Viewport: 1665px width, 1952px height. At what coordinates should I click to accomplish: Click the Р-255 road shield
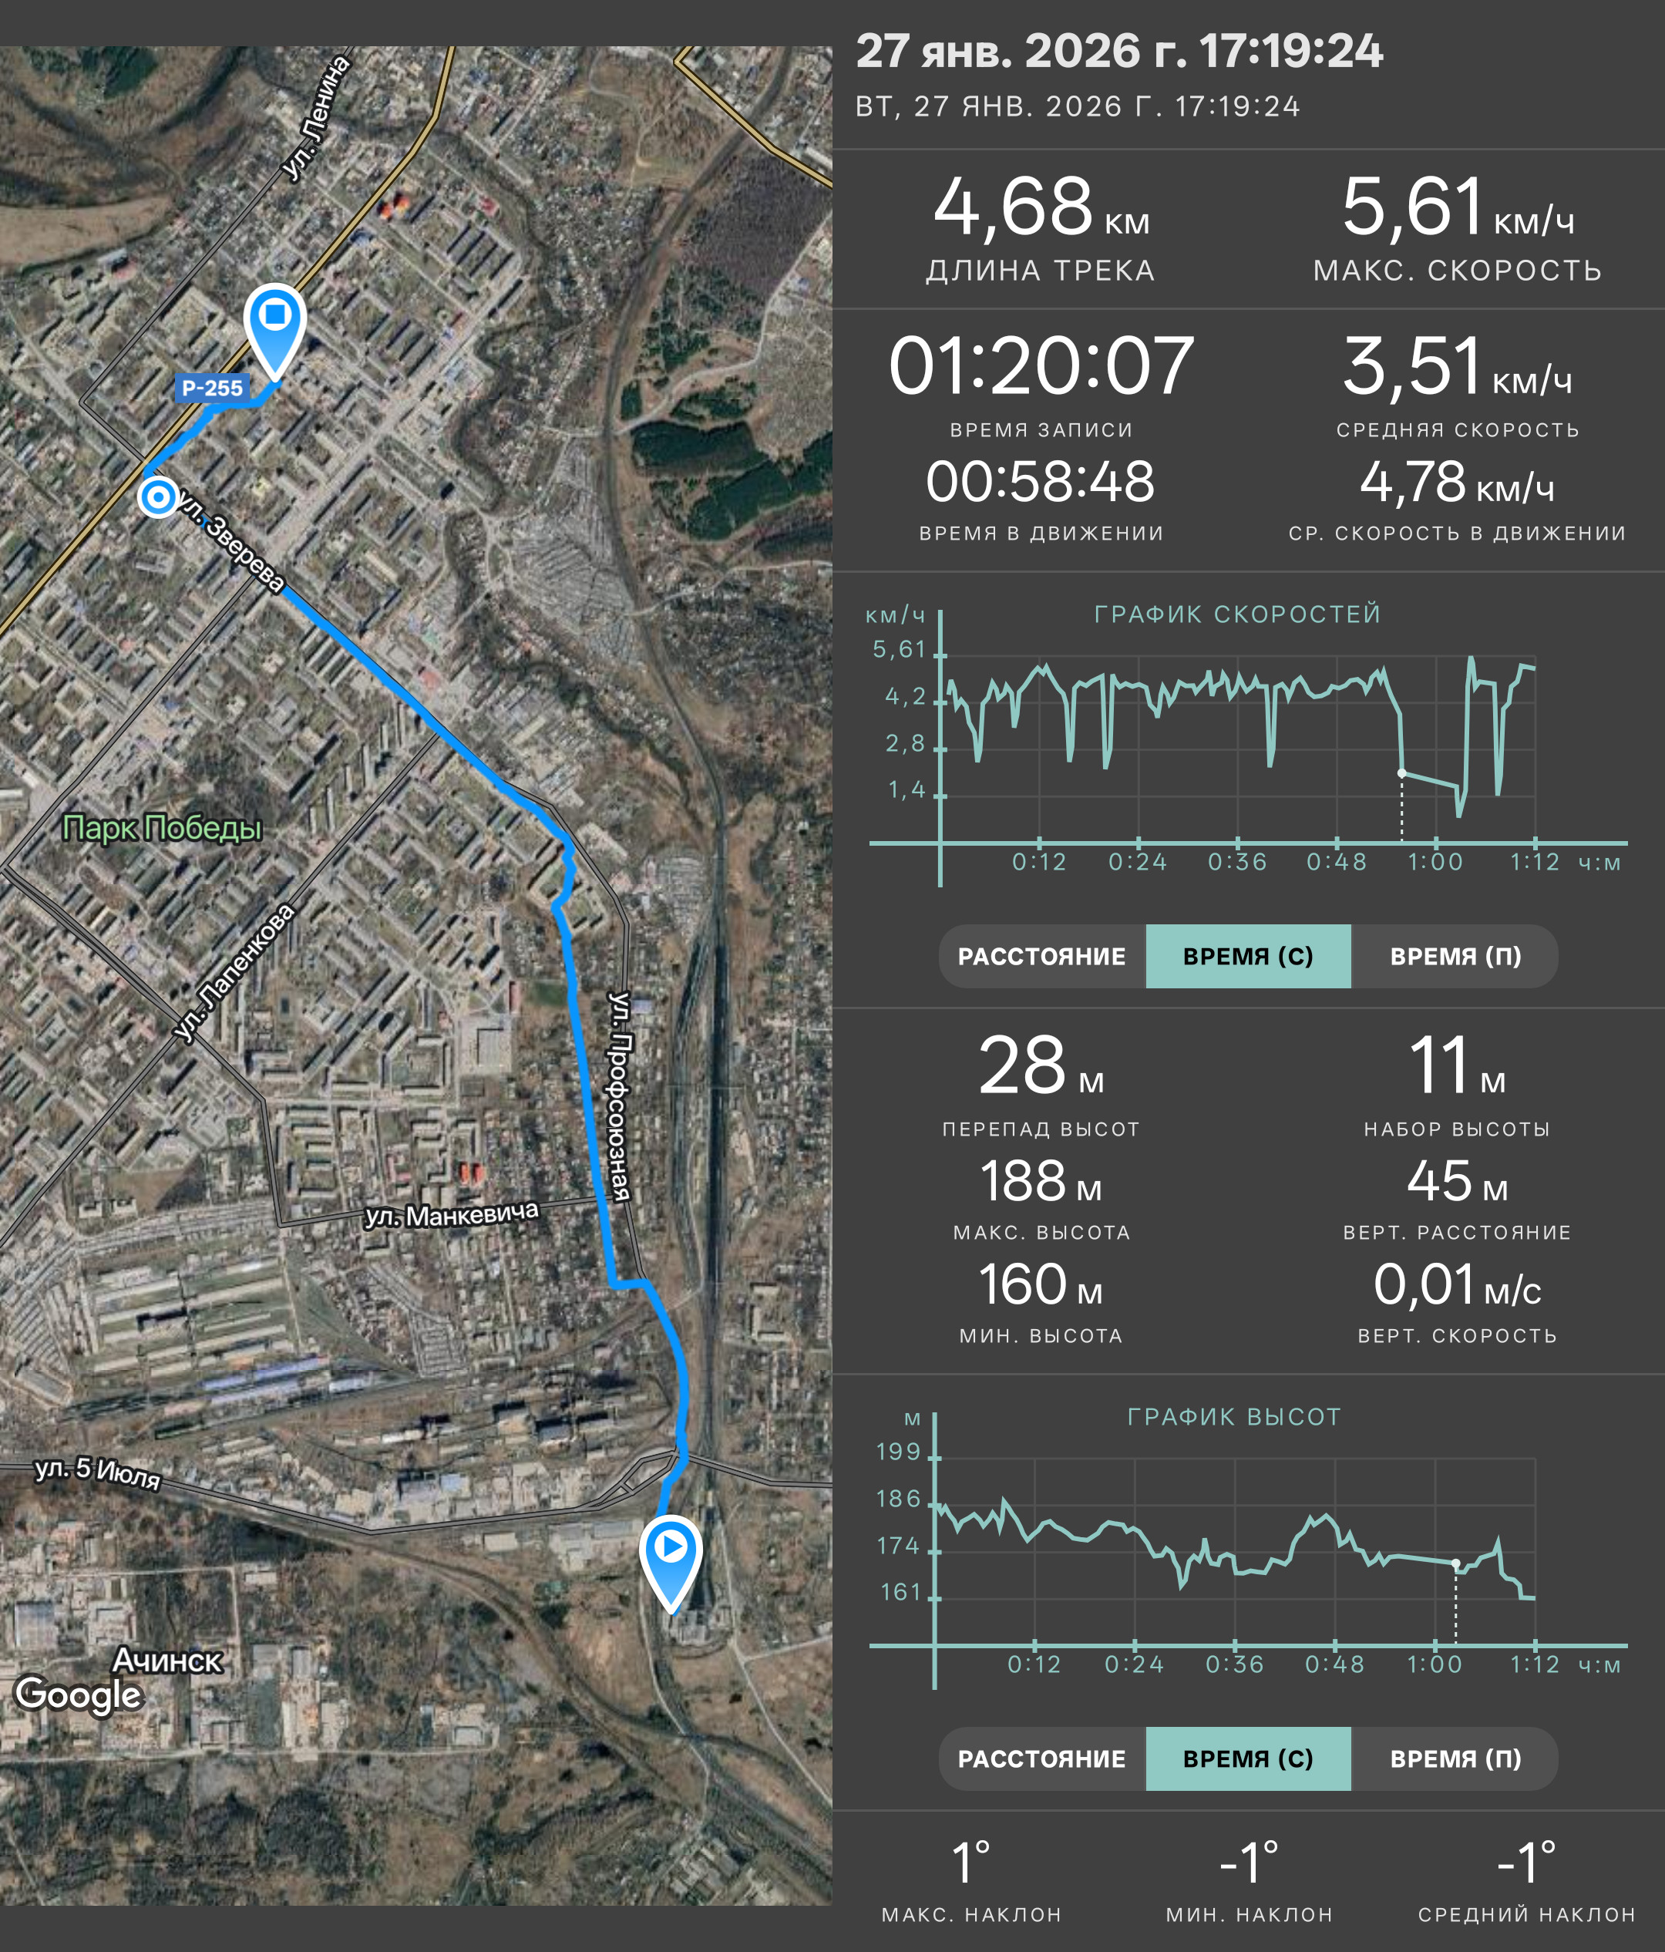click(x=212, y=388)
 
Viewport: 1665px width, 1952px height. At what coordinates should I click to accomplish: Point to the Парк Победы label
click(x=161, y=828)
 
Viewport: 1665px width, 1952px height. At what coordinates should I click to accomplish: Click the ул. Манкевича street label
click(x=452, y=1214)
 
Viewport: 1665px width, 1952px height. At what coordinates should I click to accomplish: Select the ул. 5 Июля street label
click(x=98, y=1472)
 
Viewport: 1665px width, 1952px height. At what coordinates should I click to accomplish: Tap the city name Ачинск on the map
click(x=167, y=1660)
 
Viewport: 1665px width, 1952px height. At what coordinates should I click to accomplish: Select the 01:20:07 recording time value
click(x=1041, y=365)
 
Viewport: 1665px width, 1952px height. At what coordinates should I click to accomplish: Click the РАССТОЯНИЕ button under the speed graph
click(x=1041, y=956)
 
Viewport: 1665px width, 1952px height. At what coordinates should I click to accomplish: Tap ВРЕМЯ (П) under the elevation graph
click(x=1455, y=1758)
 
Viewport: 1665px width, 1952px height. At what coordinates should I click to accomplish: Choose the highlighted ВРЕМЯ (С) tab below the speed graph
click(x=1248, y=956)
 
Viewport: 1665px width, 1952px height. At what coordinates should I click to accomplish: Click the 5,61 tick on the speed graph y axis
click(x=900, y=649)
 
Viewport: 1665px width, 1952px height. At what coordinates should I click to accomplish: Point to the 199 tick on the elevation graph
click(x=899, y=1452)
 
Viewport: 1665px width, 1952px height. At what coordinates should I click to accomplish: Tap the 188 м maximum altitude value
click(x=1041, y=1181)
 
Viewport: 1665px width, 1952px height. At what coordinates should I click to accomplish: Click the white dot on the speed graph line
click(x=1401, y=773)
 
